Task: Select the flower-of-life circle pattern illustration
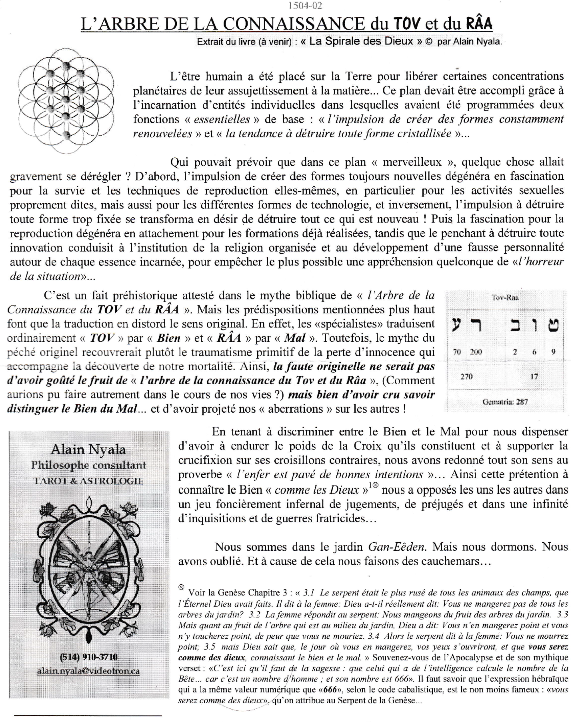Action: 66,100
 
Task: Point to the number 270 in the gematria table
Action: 466,377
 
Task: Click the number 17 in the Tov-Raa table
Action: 534,376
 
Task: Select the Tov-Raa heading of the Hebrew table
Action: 505,297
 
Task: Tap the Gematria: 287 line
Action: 505,402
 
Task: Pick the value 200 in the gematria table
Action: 476,352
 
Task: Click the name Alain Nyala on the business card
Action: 88,449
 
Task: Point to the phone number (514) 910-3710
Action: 88,657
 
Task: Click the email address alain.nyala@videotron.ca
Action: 88,671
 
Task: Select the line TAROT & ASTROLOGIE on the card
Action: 88,481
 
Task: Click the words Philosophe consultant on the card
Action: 88,465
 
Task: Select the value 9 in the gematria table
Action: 553,352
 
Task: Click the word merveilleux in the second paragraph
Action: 412,162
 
